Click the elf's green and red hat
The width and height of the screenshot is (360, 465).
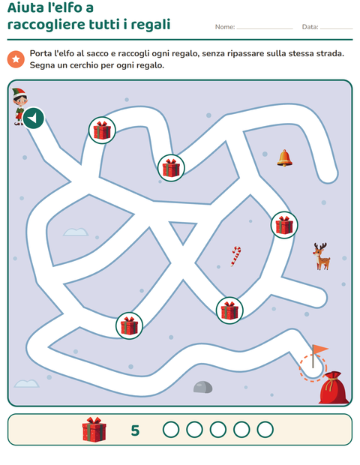19,92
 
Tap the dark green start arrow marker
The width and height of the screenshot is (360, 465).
34,118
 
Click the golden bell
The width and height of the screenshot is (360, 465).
285,158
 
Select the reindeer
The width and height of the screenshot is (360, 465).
321,256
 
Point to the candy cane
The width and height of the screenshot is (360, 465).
236,256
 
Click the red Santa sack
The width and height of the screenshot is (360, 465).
334,388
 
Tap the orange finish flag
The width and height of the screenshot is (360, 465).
319,355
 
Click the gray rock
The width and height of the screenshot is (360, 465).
202,387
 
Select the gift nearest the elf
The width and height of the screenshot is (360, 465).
102,130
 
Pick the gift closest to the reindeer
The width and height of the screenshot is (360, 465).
284,225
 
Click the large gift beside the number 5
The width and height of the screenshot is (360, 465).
94,430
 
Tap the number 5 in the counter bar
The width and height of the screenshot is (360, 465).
135,430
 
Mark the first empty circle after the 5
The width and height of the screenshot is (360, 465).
171,430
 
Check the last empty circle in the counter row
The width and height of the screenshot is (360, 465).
265,430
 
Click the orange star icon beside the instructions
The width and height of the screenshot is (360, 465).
16,59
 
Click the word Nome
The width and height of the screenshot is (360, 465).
225,27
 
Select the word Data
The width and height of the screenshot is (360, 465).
310,27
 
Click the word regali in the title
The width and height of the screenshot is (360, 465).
150,25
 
